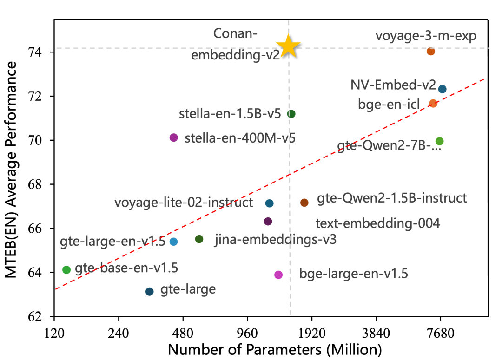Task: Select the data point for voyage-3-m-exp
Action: [x=431, y=51]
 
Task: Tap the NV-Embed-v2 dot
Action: [x=442, y=89]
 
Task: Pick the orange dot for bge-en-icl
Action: [x=433, y=103]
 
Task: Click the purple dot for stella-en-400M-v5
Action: [x=174, y=137]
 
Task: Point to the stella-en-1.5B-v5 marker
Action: [x=291, y=114]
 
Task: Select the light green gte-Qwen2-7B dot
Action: [x=439, y=141]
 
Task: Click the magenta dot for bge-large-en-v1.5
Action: [x=278, y=275]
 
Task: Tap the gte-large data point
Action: [x=149, y=291]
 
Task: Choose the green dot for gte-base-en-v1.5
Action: [x=66, y=269]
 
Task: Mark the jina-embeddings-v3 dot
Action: [x=199, y=239]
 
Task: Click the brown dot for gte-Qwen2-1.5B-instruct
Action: [x=304, y=202]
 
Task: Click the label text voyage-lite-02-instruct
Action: [x=184, y=203]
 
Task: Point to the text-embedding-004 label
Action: [x=377, y=223]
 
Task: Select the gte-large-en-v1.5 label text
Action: [x=112, y=242]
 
